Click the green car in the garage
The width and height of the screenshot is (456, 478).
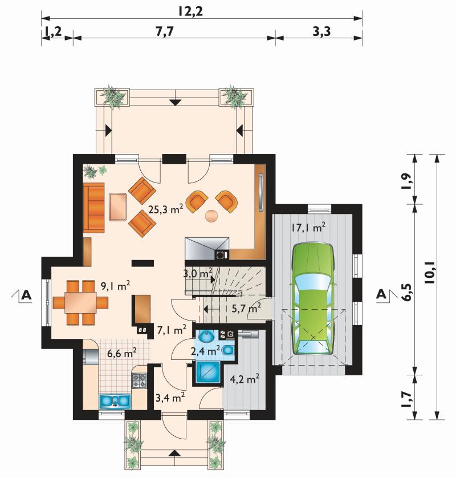(313, 299)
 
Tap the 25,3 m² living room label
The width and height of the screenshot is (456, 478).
(166, 209)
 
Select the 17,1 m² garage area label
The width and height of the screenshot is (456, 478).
(308, 228)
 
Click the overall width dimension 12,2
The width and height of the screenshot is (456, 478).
(191, 11)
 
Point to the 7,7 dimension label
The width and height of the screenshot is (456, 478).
(165, 31)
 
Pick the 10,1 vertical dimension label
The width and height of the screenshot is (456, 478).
(430, 273)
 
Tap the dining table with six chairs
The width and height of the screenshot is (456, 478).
(80, 302)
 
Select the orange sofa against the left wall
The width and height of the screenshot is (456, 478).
(93, 207)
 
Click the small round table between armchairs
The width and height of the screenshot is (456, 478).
(211, 216)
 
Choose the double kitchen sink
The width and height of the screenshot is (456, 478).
(115, 401)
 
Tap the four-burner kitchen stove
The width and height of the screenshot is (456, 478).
(139, 381)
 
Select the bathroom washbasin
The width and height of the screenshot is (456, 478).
(207, 337)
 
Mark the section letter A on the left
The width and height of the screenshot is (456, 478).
(26, 295)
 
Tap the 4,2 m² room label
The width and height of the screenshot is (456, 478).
(245, 380)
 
